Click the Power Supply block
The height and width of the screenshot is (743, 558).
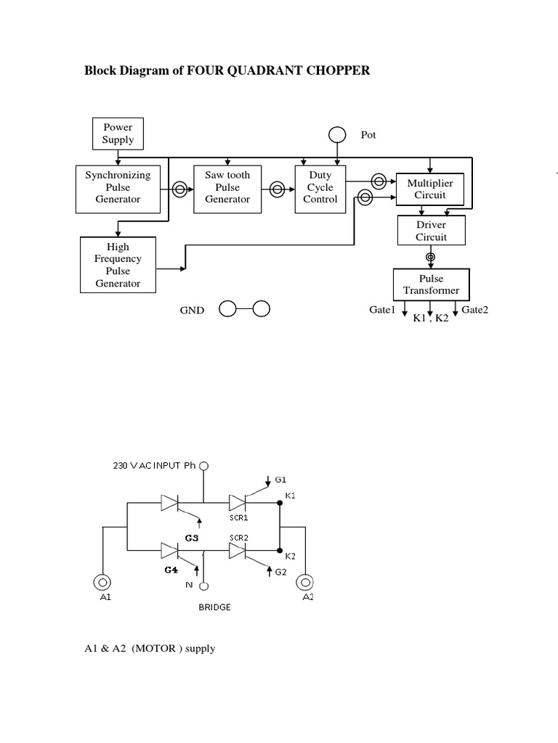tap(118, 134)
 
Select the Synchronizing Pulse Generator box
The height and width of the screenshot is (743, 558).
tap(118, 187)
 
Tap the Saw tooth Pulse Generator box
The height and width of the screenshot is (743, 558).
tap(227, 187)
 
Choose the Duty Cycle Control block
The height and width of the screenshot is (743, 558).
tap(320, 187)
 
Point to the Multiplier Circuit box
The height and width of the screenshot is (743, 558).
tap(429, 189)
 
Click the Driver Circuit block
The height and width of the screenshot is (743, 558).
tap(431, 231)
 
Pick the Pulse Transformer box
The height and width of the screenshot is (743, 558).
tap(431, 284)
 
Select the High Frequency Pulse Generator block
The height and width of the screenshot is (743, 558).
tap(118, 265)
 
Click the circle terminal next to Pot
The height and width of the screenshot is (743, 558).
tap(337, 135)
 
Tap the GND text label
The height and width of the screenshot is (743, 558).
tap(192, 311)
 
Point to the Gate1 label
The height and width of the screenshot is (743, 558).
tap(381, 310)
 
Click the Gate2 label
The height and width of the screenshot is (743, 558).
tap(475, 310)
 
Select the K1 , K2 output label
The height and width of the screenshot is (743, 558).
tap(431, 319)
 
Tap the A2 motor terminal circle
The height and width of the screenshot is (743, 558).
tap(306, 582)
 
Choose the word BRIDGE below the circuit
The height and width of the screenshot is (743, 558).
tap(214, 607)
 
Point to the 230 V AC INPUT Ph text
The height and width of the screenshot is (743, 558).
tap(155, 466)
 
